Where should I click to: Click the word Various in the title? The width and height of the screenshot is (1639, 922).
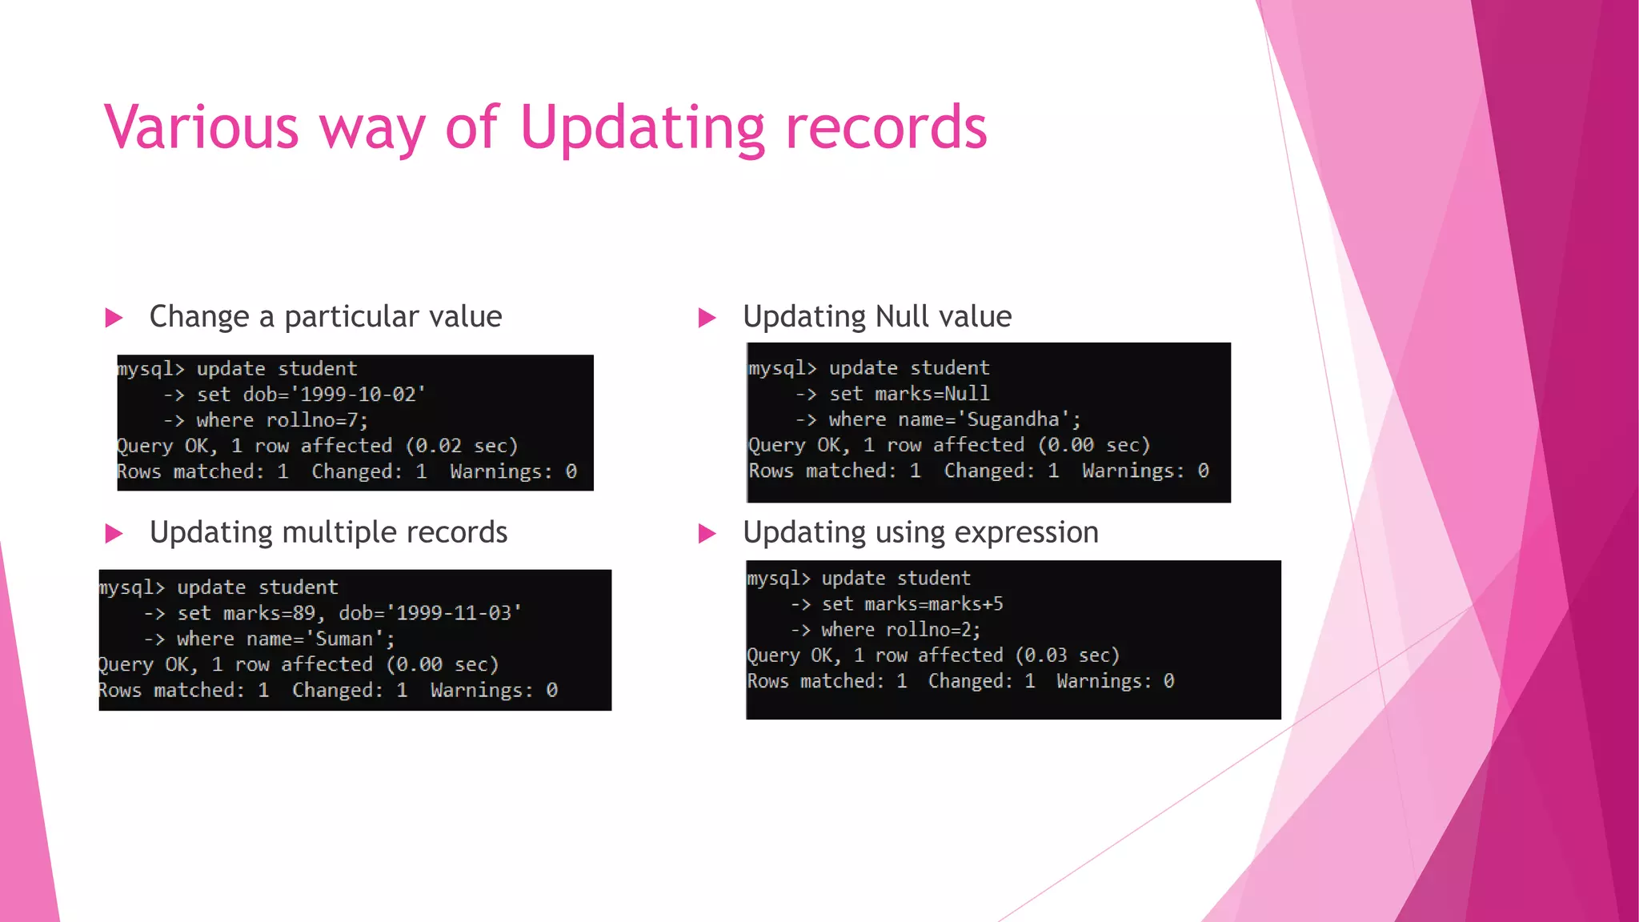pyautogui.click(x=201, y=128)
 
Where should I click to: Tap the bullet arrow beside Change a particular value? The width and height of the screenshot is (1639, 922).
pyautogui.click(x=114, y=319)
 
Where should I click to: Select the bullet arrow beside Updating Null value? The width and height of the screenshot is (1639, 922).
pyautogui.click(x=707, y=319)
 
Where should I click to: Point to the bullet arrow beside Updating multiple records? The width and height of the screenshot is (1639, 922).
pyautogui.click(x=114, y=534)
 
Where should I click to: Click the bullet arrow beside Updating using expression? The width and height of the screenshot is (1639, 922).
pyautogui.click(x=707, y=534)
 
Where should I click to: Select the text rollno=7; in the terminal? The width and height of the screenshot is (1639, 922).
pyautogui.click(x=317, y=420)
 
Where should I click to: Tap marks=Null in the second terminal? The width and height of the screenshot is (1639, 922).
pyautogui.click(x=932, y=394)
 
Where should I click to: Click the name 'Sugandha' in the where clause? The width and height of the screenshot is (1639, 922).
pyautogui.click(x=1013, y=419)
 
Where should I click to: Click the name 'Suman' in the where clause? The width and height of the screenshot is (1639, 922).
pyautogui.click(x=345, y=639)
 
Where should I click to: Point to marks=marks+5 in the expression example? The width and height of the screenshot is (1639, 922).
pyautogui.click(x=933, y=604)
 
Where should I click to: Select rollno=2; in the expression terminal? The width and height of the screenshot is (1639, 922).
pyautogui.click(x=932, y=630)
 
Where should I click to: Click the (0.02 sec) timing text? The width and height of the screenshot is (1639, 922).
pyautogui.click(x=462, y=446)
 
